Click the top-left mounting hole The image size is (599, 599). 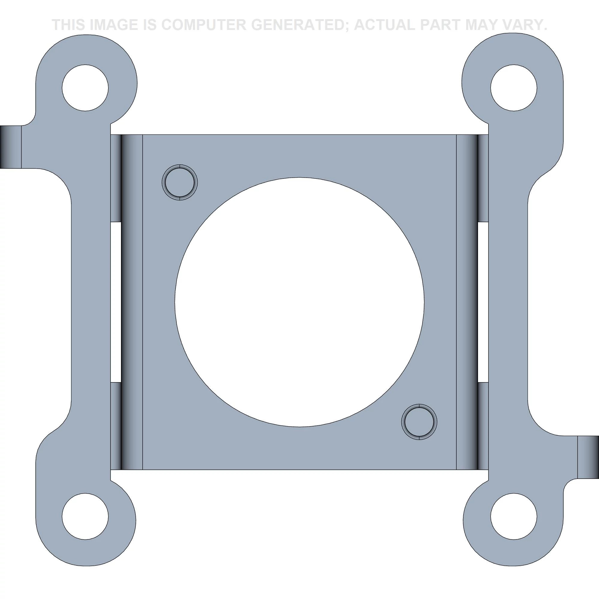pyautogui.click(x=85, y=88)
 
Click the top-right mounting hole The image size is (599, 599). pyautogui.click(x=514, y=88)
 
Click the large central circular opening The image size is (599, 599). pyautogui.click(x=299, y=302)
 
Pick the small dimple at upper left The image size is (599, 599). pyautogui.click(x=180, y=182)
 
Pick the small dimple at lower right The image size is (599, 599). pyautogui.click(x=419, y=422)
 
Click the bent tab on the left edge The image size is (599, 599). pyautogui.click(x=10, y=147)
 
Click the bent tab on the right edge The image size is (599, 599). pyautogui.click(x=588, y=457)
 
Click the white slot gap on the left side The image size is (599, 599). pyautogui.click(x=116, y=302)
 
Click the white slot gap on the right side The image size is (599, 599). pyautogui.click(x=483, y=302)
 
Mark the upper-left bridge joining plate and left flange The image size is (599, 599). pyautogui.click(x=116, y=178)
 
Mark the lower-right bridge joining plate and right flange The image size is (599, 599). pyautogui.click(x=483, y=426)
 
